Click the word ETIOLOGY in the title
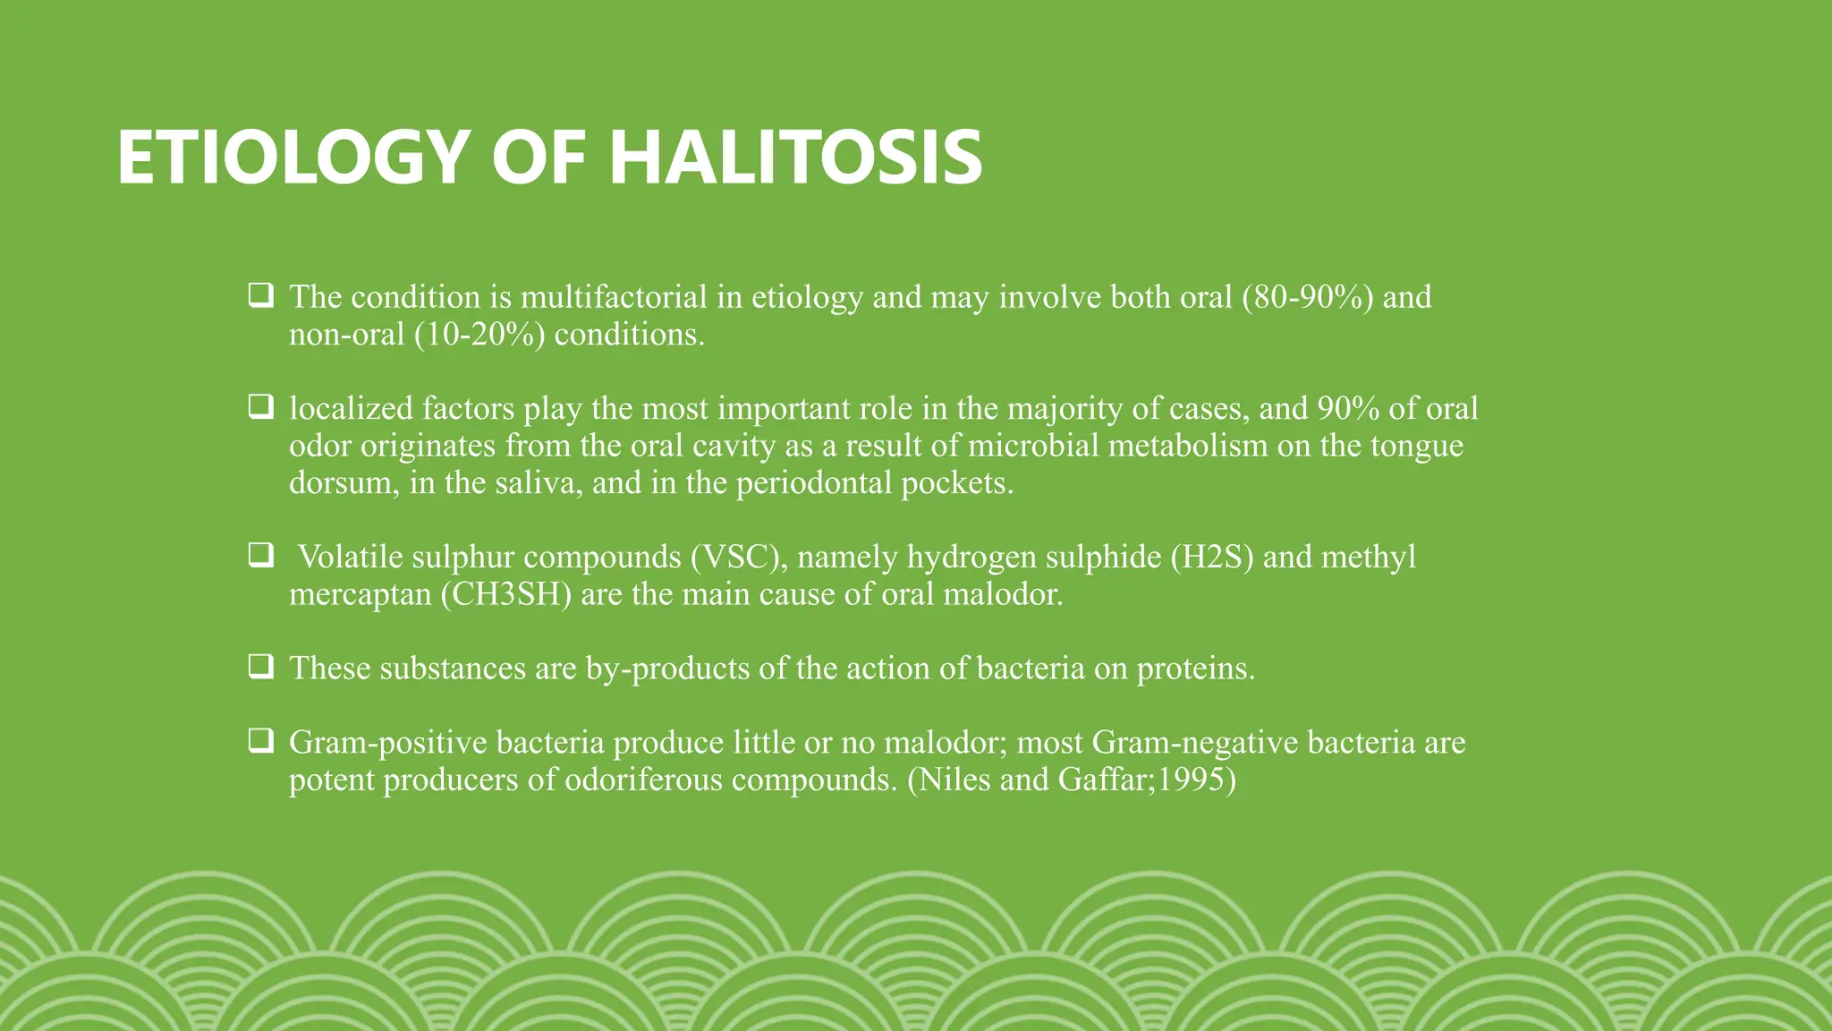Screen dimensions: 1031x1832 pos(293,158)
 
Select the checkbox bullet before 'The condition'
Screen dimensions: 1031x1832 pos(260,295)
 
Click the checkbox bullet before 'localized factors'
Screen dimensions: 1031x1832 pos(260,407)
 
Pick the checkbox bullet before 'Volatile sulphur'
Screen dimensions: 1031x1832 pos(260,556)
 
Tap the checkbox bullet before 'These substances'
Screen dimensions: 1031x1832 pos(260,667)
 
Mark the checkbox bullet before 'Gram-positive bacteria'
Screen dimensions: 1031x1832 pos(260,741)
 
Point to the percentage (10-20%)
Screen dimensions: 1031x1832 pos(479,334)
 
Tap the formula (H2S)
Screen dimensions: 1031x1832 pos(1212,557)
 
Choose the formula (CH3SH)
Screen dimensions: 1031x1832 pos(505,594)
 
